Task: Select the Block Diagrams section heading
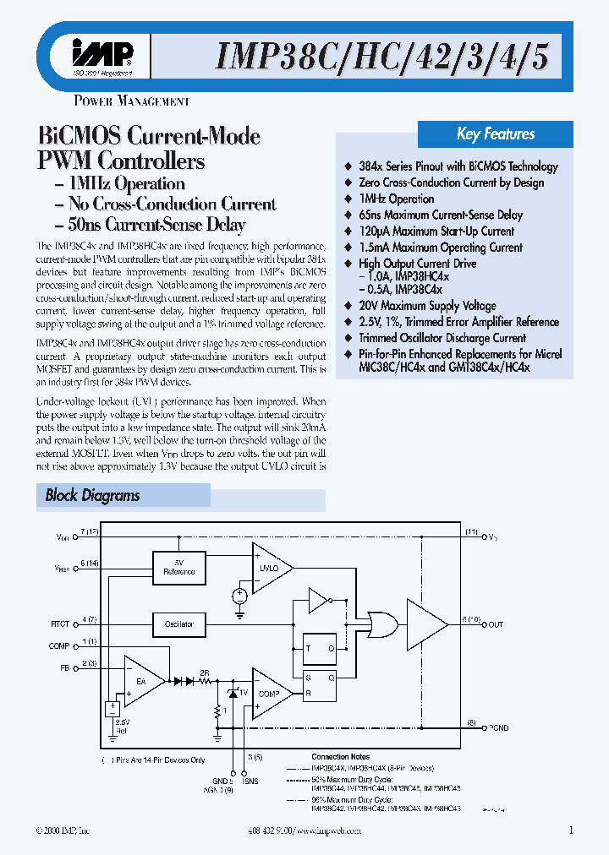click(93, 496)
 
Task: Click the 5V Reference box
click(178, 567)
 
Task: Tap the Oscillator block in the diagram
click(178, 624)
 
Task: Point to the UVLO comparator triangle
click(269, 567)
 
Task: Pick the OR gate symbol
click(374, 624)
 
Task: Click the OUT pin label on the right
click(496, 624)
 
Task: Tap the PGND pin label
click(499, 727)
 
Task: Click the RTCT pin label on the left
click(60, 624)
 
